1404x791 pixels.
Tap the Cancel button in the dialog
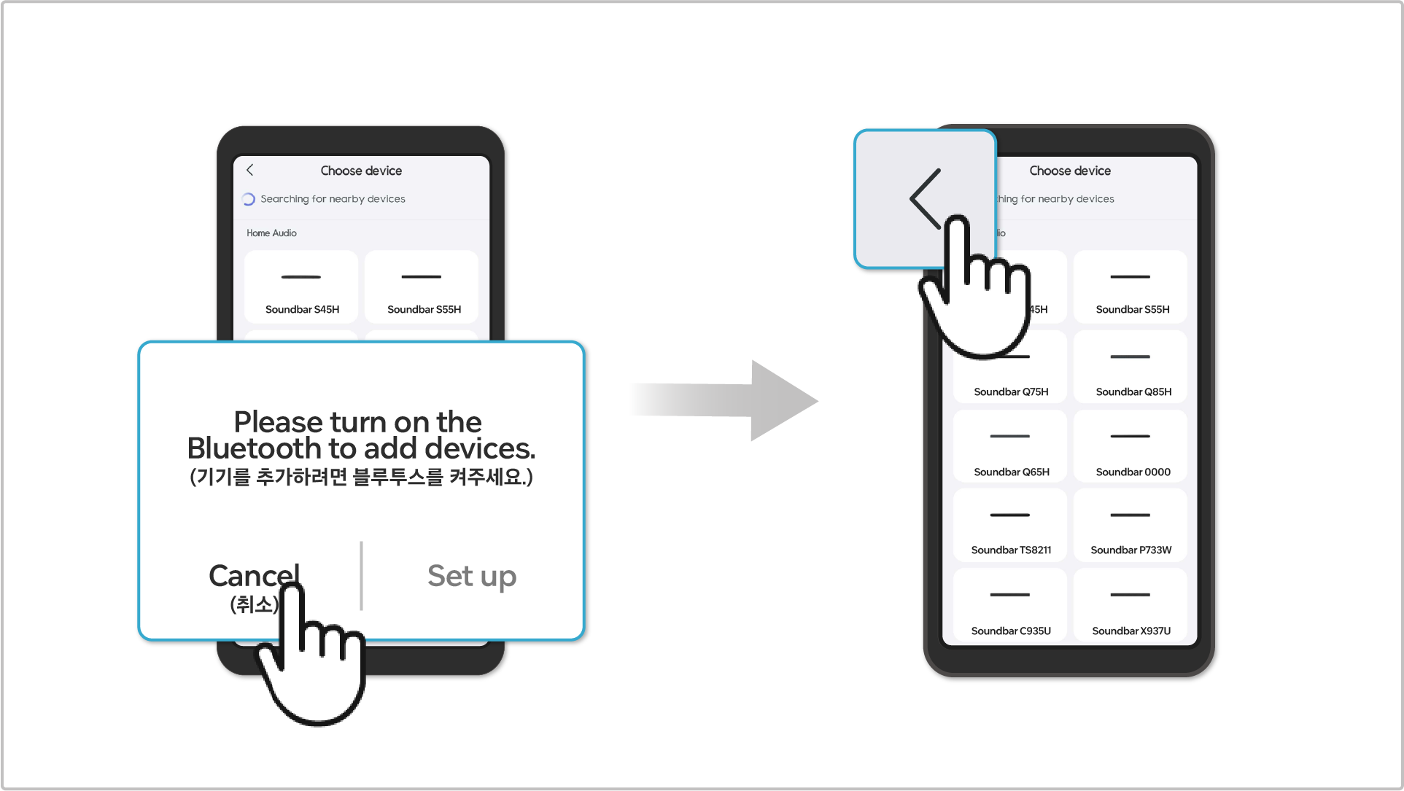(x=254, y=576)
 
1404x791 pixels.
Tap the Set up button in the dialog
(x=472, y=576)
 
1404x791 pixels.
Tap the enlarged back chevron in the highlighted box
(x=925, y=199)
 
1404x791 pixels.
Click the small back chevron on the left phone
(x=249, y=170)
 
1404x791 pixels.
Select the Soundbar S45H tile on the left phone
(x=301, y=287)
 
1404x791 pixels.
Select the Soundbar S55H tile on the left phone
(x=422, y=287)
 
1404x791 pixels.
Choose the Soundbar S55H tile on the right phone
(x=1130, y=287)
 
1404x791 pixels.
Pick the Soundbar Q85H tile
(x=1130, y=367)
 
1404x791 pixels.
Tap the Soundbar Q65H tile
(x=1010, y=446)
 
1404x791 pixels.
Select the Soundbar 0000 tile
(x=1130, y=446)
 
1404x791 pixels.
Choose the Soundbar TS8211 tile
(x=1010, y=525)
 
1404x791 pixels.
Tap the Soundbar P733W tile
(x=1130, y=525)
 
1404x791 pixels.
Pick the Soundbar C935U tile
(x=1010, y=605)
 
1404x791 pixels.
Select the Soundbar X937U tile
(x=1130, y=605)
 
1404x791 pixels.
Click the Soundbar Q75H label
(x=1011, y=392)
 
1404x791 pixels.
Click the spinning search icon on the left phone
(x=248, y=199)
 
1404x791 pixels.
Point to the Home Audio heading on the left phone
(x=271, y=233)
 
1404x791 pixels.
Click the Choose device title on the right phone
(x=1070, y=171)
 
